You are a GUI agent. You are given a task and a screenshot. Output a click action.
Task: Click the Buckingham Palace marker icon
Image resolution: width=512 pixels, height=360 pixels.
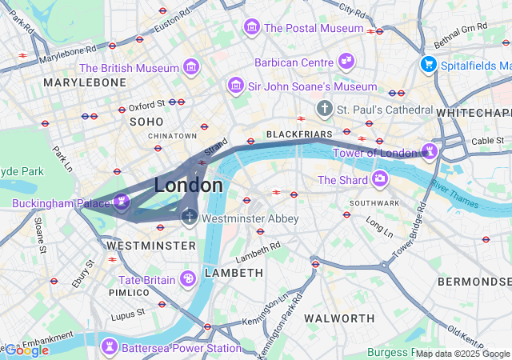(x=121, y=203)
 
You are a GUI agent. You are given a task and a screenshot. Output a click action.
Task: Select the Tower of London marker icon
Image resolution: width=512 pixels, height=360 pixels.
(x=430, y=152)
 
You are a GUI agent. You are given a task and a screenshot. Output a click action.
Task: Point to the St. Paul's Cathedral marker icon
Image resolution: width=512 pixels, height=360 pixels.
(x=325, y=108)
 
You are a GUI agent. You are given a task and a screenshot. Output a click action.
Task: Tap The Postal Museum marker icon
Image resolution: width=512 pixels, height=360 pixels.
(x=252, y=28)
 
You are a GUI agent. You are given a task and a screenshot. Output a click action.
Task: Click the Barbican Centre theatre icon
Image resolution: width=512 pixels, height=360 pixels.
(x=346, y=62)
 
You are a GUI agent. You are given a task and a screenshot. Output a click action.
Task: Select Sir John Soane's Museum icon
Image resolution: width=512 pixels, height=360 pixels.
(x=236, y=86)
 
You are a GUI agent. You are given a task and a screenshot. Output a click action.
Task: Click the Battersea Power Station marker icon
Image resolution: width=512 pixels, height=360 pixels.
(x=108, y=347)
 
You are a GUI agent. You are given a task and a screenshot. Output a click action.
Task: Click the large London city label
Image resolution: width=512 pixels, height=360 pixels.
(x=189, y=186)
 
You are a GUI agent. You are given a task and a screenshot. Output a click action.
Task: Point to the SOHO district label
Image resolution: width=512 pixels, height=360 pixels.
(x=146, y=122)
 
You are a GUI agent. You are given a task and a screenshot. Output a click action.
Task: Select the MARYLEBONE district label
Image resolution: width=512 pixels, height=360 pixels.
(x=85, y=82)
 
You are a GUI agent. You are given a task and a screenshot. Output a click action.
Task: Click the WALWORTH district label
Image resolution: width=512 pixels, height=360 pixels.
(x=340, y=318)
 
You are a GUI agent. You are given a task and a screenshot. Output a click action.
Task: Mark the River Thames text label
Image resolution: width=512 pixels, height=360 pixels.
(x=455, y=194)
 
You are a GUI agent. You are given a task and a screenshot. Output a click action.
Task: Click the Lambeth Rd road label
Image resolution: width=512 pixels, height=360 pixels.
(x=258, y=251)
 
